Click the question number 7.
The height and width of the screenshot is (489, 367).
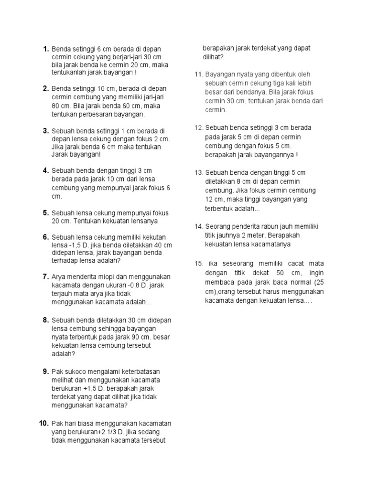pos(46,276)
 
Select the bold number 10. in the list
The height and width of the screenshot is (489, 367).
pos(43,424)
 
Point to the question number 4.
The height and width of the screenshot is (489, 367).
pos(46,170)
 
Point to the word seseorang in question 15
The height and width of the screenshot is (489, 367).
pos(237,263)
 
